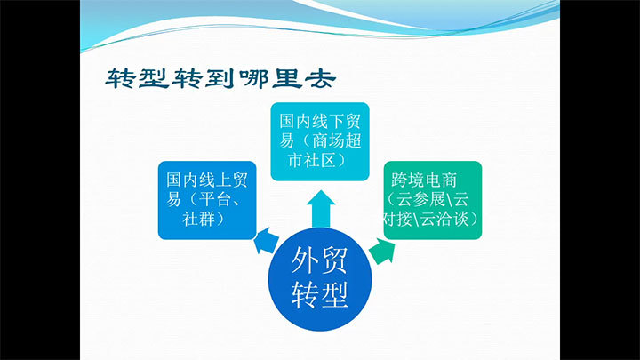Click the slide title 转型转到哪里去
(220, 79)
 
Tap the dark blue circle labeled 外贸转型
(320, 279)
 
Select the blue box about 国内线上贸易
(207, 200)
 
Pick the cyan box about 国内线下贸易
(320, 141)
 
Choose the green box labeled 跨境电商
(433, 200)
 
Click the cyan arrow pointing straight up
(321, 209)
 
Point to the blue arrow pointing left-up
(266, 240)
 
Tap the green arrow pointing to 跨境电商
(382, 251)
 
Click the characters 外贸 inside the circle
(319, 260)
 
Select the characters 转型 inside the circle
(319, 294)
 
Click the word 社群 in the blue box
(198, 220)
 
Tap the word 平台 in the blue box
(215, 200)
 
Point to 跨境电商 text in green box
(424, 180)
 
